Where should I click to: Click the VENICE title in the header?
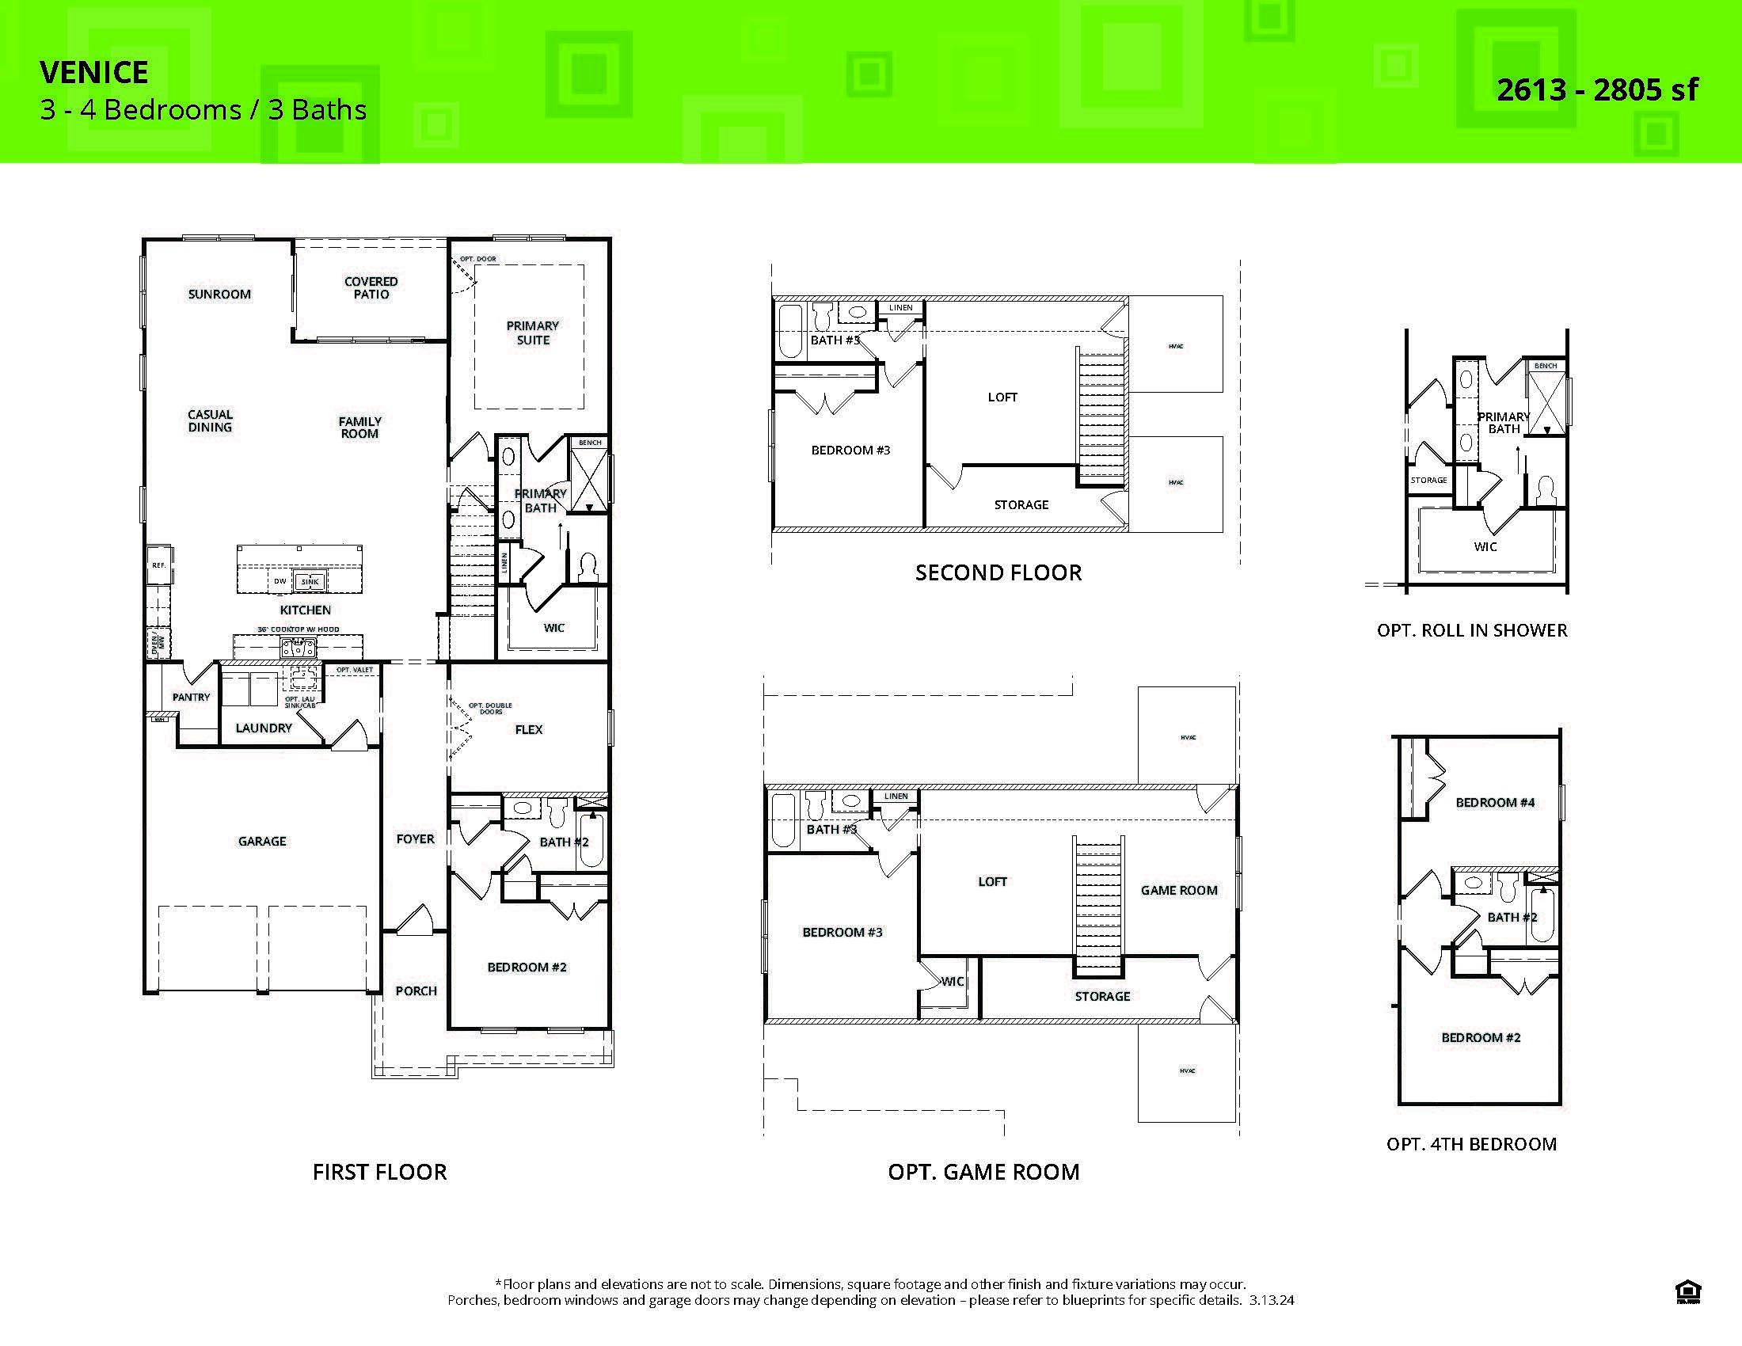pos(94,73)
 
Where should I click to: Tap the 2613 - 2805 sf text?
pos(1597,90)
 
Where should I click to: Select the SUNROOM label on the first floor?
pos(219,295)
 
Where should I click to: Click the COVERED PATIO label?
pos(371,288)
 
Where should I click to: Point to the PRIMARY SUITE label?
pos(533,333)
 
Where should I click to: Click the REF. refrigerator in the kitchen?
pos(158,565)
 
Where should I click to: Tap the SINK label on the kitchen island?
pos(310,581)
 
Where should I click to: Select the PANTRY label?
pos(192,697)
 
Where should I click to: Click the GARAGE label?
pos(261,841)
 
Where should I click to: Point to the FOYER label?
pos(415,838)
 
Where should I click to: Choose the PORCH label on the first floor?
pos(416,991)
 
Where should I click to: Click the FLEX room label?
pos(528,730)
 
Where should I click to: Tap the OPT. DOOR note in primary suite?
pos(477,259)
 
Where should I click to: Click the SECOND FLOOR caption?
pos(998,572)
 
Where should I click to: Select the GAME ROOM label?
pos(1178,891)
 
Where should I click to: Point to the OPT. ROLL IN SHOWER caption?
pos(1472,631)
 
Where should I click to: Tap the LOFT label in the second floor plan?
pos(1002,397)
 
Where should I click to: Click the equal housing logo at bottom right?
pos(1688,1291)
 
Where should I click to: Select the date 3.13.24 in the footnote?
pos(1272,1301)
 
